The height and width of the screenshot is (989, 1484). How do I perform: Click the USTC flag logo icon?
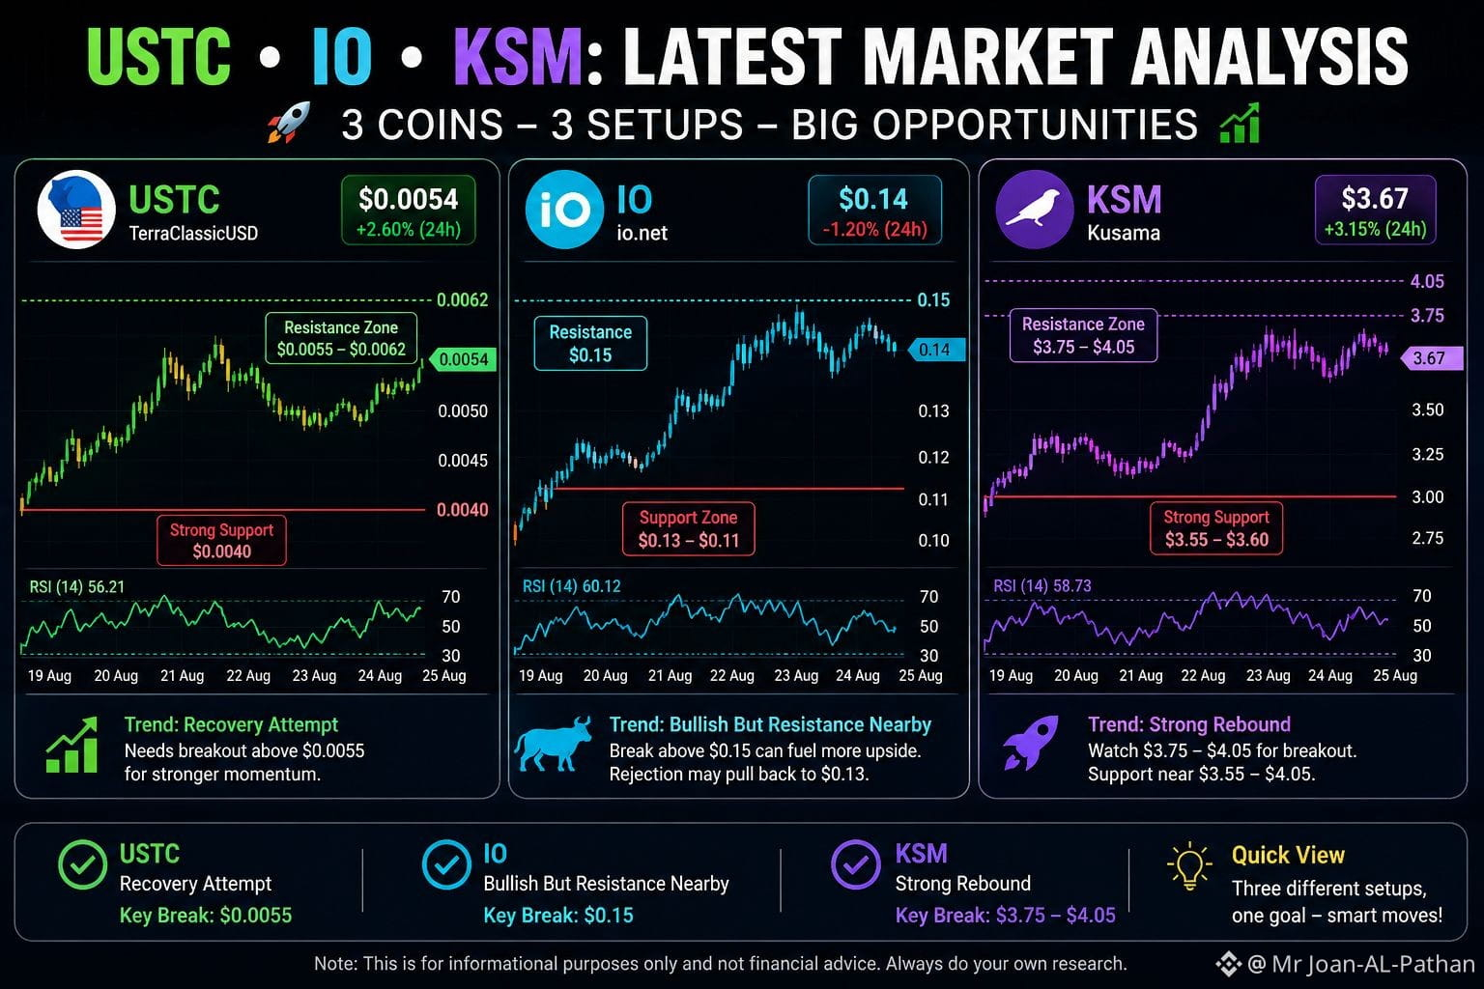coord(76,210)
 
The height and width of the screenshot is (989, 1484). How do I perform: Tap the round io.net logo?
coord(564,210)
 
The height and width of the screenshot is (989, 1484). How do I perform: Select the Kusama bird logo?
coord(1034,210)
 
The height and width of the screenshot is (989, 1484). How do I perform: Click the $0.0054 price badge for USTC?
coord(408,210)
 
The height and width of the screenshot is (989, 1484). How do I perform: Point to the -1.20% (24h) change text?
coord(874,229)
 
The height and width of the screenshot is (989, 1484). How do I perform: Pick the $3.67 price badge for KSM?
coord(1376,210)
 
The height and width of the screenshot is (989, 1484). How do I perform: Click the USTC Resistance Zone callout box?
coord(341,338)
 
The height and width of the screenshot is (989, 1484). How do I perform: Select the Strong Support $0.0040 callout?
coord(221,541)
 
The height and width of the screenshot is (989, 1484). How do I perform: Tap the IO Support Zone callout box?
coord(688,528)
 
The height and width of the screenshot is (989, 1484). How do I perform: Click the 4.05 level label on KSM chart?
coord(1427,281)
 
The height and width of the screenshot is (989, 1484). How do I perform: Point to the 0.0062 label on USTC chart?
coord(463,300)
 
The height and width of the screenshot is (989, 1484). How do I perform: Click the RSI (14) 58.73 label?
coord(1042,585)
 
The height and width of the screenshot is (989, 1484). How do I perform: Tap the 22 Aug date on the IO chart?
coord(732,676)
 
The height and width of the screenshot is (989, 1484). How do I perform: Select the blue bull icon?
coord(553,744)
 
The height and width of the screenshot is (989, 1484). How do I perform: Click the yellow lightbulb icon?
coord(1189,866)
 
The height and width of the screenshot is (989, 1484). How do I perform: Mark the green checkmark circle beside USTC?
coord(82,864)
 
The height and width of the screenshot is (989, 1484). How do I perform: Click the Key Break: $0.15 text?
coord(558,916)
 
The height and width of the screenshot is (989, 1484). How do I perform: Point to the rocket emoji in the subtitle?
coord(290,123)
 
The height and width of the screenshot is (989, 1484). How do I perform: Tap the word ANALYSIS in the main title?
coord(1270,57)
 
